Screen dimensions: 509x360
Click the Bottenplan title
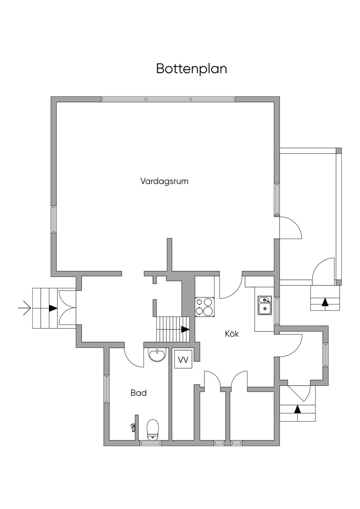pyautogui.click(x=192, y=69)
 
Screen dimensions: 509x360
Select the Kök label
pyautogui.click(x=232, y=334)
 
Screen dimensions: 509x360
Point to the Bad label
pyautogui.click(x=139, y=393)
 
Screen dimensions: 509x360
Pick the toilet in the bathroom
pyautogui.click(x=153, y=429)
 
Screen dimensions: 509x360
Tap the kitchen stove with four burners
pyautogui.click(x=205, y=307)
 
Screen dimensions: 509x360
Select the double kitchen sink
pyautogui.click(x=264, y=305)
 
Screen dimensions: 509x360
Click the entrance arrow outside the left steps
pyautogui.click(x=25, y=308)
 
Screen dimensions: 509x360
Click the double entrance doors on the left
pyautogui.click(x=67, y=308)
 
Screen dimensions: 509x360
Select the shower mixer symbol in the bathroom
pyautogui.click(x=133, y=427)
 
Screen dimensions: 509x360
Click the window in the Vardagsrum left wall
pyautogui.click(x=54, y=219)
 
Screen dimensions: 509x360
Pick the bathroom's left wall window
pyautogui.click(x=106, y=389)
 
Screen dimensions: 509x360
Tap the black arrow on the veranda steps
pyautogui.click(x=325, y=302)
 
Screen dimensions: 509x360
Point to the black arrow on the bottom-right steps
pyautogui.click(x=298, y=409)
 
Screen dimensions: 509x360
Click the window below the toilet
pyautogui.click(x=150, y=443)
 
